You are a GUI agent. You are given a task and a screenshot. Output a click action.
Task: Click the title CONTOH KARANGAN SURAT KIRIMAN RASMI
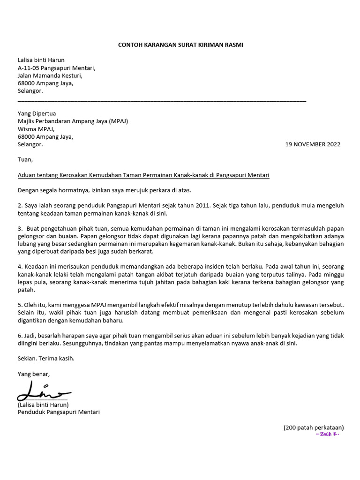coord(180,45)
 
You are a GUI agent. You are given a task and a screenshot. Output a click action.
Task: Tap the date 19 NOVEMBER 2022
coord(313,144)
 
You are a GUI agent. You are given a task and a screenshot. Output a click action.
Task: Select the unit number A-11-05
coord(29,67)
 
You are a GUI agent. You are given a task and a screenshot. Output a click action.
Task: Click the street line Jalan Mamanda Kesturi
coord(50,75)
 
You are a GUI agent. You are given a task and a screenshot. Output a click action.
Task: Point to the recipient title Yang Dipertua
coord(37,113)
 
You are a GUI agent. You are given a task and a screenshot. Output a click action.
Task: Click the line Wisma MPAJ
coord(36,129)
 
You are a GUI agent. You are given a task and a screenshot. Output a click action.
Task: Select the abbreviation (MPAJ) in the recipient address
coord(118,121)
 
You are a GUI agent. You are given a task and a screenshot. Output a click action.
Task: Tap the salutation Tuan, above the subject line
coord(25,159)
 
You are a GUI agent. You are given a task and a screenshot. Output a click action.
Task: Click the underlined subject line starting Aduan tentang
coord(143,175)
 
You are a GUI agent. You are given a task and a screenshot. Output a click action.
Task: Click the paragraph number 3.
coord(20,229)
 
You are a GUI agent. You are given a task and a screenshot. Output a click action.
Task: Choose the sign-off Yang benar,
coord(33,374)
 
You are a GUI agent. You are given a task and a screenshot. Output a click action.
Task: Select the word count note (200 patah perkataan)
coord(314,427)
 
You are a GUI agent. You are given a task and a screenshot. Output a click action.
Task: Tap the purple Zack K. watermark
coord(327,435)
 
